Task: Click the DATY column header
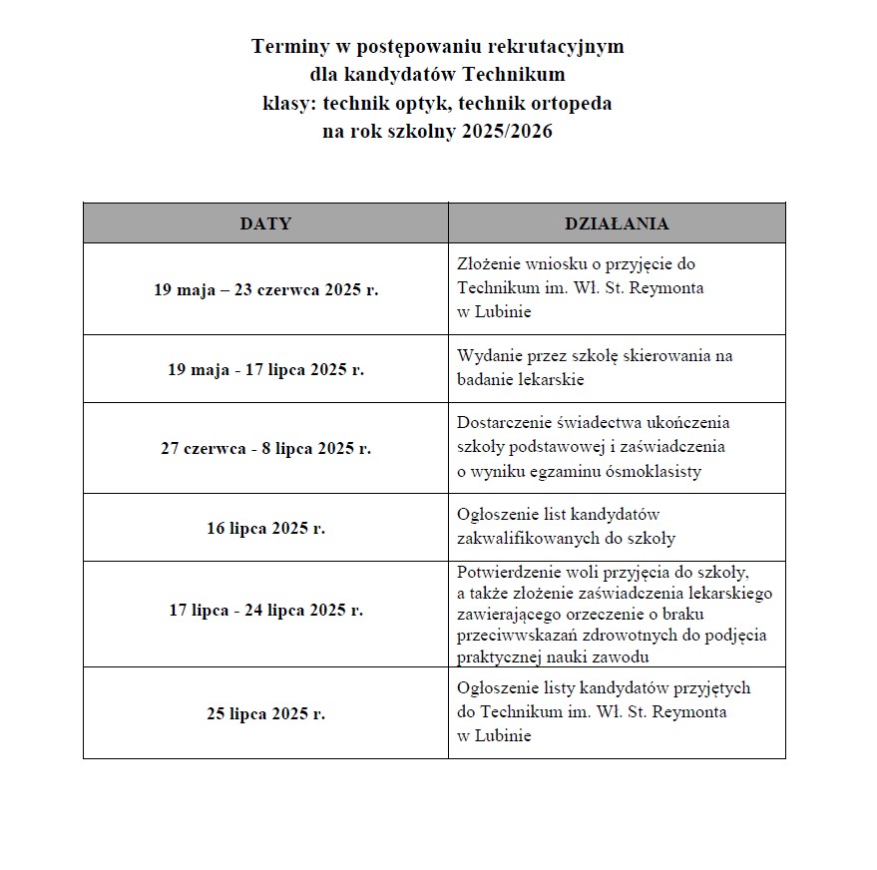click(265, 223)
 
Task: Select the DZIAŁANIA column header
click(617, 223)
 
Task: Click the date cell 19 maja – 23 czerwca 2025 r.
click(265, 290)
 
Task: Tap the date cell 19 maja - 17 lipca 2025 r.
click(265, 369)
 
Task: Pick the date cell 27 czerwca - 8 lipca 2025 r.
click(265, 449)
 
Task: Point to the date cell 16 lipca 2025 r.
click(265, 528)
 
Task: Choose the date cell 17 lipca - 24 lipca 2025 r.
click(265, 610)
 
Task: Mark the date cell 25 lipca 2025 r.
click(265, 713)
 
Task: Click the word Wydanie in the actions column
click(488, 355)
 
